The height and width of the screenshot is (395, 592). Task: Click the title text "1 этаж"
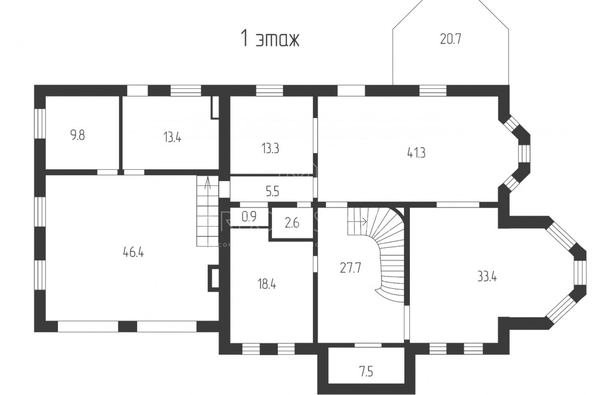[x=270, y=39]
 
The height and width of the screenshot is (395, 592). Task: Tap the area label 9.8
[x=77, y=135]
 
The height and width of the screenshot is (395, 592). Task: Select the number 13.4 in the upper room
[x=172, y=138]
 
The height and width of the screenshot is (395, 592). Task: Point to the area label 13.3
[x=270, y=149]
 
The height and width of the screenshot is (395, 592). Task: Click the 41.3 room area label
[x=416, y=153]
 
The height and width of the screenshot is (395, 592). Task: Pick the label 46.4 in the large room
[x=133, y=252]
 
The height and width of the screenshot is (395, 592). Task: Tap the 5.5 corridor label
[x=272, y=192]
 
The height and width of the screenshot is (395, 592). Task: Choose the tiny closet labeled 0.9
[x=249, y=216]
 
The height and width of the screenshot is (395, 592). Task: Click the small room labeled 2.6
[x=292, y=223]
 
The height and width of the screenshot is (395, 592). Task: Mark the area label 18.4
[x=267, y=284]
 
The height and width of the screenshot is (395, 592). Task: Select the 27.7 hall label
[x=350, y=268]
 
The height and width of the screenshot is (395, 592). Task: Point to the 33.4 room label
[x=487, y=277]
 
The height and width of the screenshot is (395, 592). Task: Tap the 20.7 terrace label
[x=450, y=39]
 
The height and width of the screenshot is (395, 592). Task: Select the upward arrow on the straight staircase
[x=208, y=184]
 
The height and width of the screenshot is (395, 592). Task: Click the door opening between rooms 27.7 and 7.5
[x=368, y=345]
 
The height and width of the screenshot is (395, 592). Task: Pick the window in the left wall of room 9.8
[x=40, y=123]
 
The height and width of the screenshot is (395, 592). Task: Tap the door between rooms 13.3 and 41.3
[x=315, y=135]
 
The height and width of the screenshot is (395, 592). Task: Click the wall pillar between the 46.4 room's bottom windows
[x=127, y=326]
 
